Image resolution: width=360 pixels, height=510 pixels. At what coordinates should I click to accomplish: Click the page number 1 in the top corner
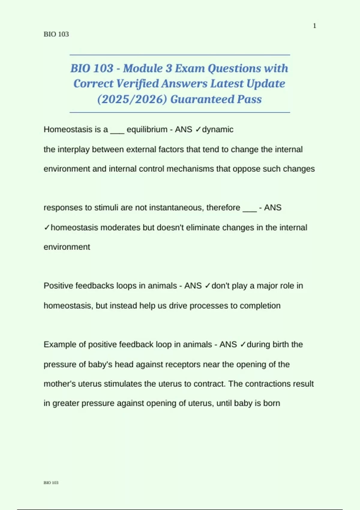coord(314,26)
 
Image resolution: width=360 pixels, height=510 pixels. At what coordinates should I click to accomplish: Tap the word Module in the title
coord(143,68)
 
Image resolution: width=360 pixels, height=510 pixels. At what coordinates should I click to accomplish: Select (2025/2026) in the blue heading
coord(132,99)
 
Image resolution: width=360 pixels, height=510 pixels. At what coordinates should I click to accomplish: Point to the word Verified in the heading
coord(137,84)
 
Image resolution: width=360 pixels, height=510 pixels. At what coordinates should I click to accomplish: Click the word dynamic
coord(218,130)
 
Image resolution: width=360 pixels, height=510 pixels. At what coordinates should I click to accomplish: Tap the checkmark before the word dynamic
coord(198,130)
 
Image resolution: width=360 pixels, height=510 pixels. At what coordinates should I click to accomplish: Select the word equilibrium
coord(147,130)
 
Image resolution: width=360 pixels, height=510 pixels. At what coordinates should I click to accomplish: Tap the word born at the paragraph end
coord(272,403)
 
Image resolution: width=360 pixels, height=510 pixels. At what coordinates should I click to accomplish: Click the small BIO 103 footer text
coord(51,483)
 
